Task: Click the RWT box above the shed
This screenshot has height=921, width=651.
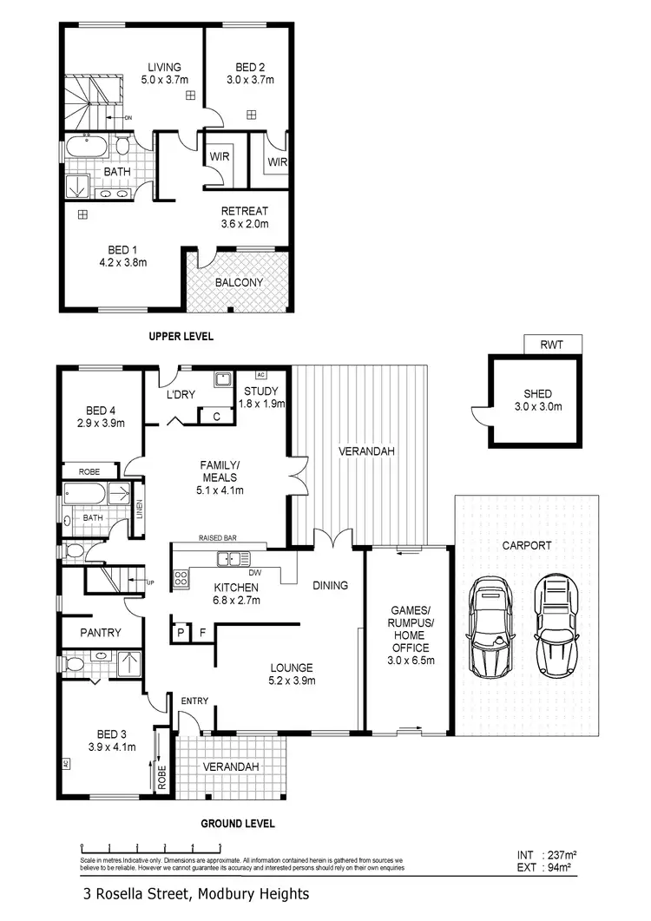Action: (551, 345)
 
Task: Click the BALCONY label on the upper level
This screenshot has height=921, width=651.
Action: (239, 282)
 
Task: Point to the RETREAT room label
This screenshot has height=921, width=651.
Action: (244, 211)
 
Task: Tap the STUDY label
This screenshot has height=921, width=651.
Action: (260, 391)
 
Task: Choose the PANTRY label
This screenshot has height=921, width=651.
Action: (101, 633)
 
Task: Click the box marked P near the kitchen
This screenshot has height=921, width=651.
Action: (181, 633)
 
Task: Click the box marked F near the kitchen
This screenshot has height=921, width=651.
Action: (202, 633)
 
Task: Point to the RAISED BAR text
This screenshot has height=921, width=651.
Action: (218, 538)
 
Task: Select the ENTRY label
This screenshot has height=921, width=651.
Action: (194, 700)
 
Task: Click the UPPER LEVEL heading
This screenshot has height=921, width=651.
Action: (181, 336)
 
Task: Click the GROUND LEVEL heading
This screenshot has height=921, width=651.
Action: (238, 823)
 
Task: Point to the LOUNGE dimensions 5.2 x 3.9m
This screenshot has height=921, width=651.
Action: (291, 681)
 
